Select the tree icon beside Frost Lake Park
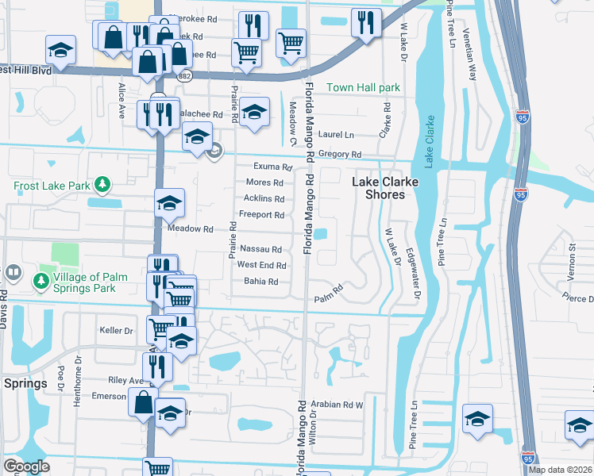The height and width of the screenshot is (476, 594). pyautogui.click(x=102, y=186)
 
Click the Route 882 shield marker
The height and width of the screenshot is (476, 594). pyautogui.click(x=185, y=75)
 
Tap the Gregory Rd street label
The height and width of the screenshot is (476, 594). pyautogui.click(x=339, y=155)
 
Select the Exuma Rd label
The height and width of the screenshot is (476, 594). pyautogui.click(x=268, y=167)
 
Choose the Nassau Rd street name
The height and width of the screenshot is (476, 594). pyautogui.click(x=260, y=249)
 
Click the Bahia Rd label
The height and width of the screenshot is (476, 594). pyautogui.click(x=260, y=282)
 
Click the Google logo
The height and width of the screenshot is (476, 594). pyautogui.click(x=27, y=467)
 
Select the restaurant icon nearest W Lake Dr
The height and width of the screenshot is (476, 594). pyautogui.click(x=365, y=23)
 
